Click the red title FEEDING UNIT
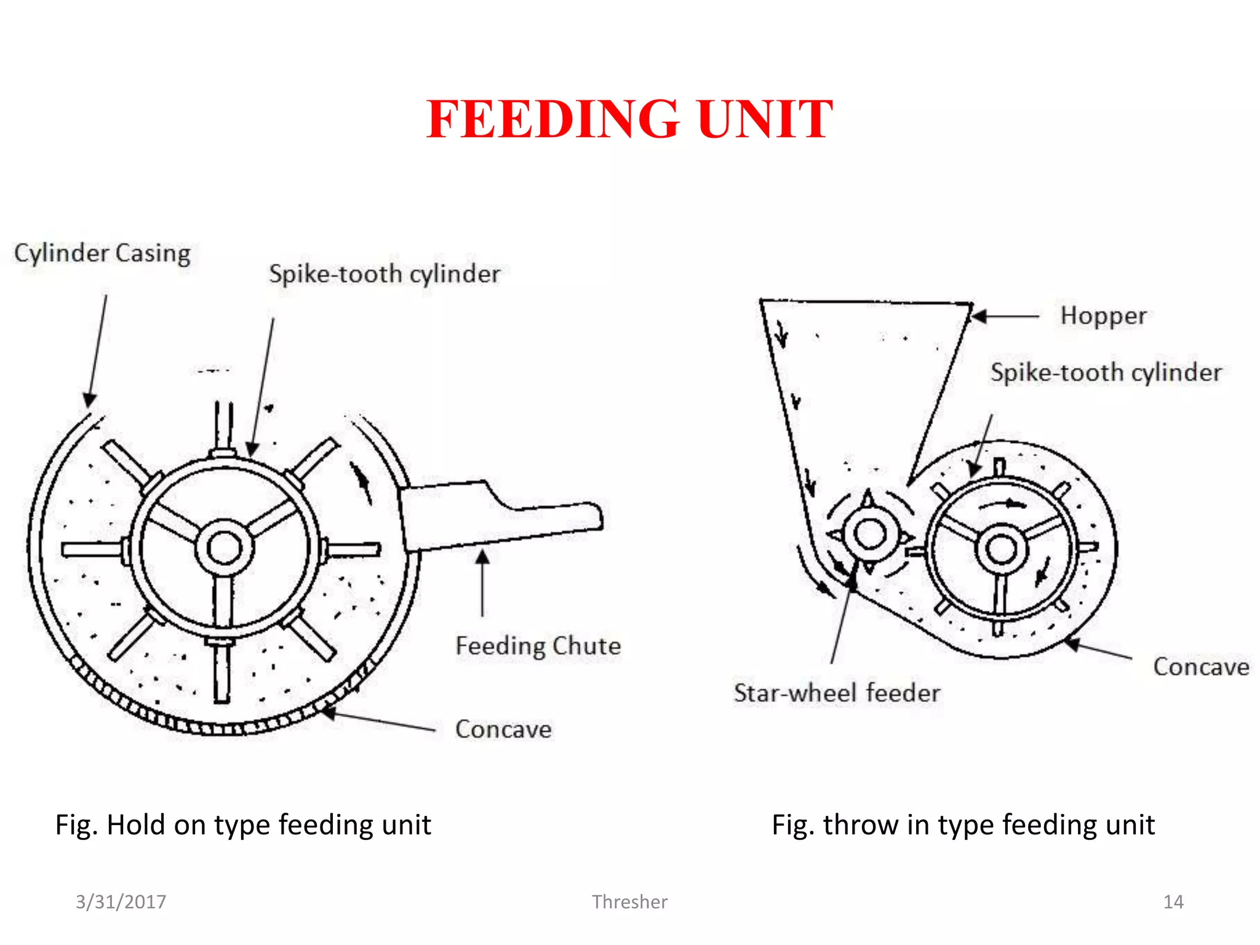click(x=629, y=119)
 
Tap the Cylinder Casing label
click(x=102, y=253)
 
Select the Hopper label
click(x=1103, y=316)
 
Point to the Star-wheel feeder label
click(x=837, y=693)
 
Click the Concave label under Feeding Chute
click(x=503, y=730)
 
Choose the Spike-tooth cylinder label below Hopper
click(x=1106, y=373)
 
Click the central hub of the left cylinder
click(x=225, y=548)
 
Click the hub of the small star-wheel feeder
click(x=869, y=534)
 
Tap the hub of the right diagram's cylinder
click(x=1002, y=548)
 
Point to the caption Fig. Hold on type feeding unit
click(x=243, y=825)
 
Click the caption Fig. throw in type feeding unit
click(x=963, y=825)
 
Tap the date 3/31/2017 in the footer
click(x=121, y=902)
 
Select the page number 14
click(x=1173, y=902)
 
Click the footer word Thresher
click(x=629, y=902)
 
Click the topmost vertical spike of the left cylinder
click(x=223, y=425)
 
